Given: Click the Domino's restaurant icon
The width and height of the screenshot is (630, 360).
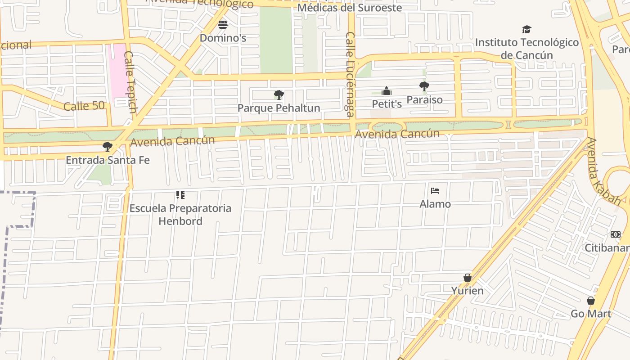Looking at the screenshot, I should click(x=223, y=24).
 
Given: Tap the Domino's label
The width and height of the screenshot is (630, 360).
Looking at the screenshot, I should click(x=223, y=38).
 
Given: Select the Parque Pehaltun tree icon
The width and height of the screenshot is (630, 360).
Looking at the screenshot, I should click(x=279, y=95).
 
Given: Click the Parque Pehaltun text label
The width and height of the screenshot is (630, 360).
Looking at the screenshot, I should click(x=279, y=108).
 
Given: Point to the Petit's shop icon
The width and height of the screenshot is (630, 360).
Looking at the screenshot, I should click(x=387, y=91).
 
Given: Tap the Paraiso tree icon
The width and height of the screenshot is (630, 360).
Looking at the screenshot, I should click(x=424, y=86).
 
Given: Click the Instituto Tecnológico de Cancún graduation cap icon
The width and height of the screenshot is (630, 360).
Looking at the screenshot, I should click(x=526, y=30).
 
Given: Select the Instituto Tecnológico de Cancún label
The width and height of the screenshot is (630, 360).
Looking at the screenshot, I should click(x=526, y=49).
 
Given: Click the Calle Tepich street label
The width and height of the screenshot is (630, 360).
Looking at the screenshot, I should click(x=130, y=82).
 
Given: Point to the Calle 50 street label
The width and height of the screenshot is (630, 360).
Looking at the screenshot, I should click(x=84, y=106).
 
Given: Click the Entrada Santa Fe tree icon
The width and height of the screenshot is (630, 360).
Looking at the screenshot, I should click(x=107, y=147).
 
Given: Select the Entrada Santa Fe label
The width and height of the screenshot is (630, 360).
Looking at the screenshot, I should click(x=108, y=160).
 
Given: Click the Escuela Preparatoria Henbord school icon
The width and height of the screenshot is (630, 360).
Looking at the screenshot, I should click(x=180, y=195).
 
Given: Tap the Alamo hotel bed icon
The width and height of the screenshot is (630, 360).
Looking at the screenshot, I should click(x=435, y=191).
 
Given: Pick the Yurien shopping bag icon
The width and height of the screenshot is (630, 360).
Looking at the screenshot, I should click(x=468, y=278).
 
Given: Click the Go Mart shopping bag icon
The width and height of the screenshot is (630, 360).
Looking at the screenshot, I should click(x=591, y=301).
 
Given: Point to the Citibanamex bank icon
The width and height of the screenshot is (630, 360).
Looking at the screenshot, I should click(x=615, y=234).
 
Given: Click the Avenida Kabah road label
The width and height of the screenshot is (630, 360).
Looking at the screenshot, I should click(x=604, y=171).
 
